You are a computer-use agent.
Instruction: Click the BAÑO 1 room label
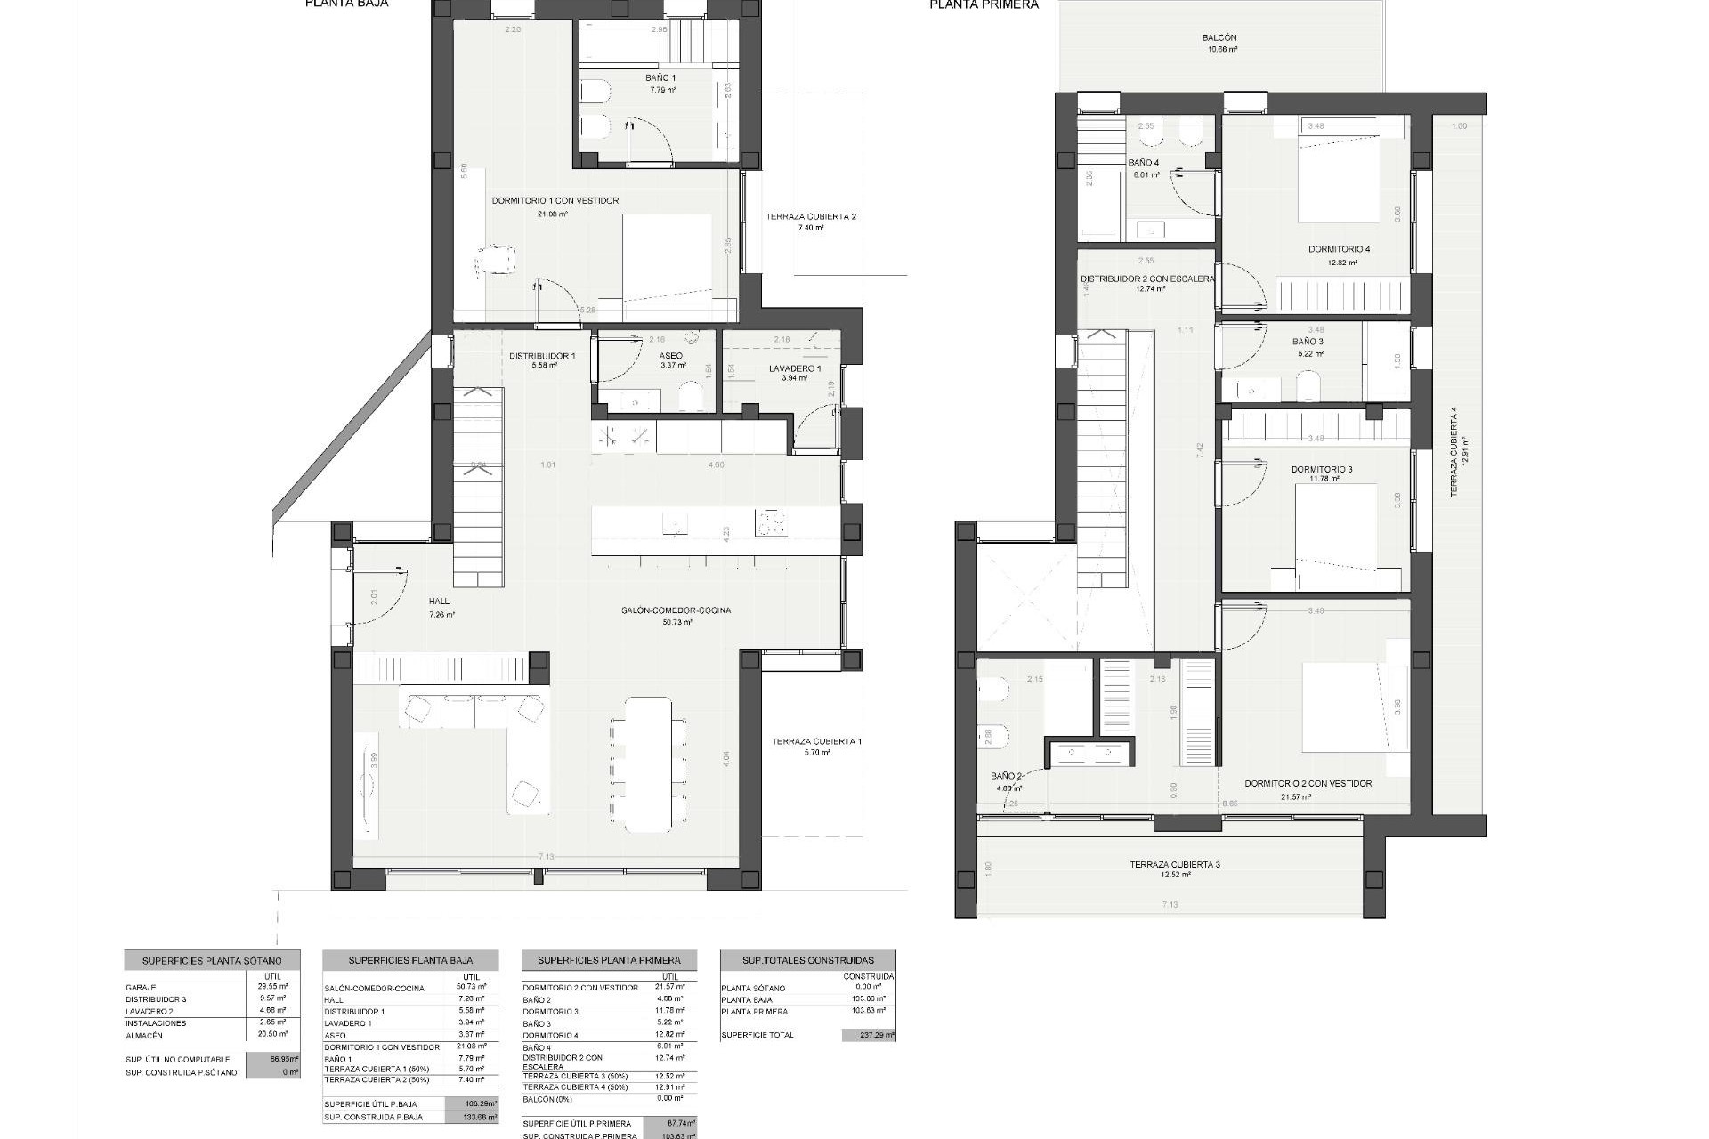tap(660, 78)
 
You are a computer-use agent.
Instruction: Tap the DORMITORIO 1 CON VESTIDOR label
tap(555, 201)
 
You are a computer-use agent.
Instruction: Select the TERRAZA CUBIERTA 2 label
tap(810, 217)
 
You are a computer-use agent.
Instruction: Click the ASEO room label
tap(671, 356)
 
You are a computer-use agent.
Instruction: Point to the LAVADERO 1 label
tap(794, 368)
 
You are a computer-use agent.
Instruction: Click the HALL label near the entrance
tap(439, 602)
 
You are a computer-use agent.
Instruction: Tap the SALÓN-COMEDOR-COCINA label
tap(676, 610)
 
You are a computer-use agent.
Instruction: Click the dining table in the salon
tap(648, 763)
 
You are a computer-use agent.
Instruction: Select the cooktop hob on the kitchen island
tap(771, 522)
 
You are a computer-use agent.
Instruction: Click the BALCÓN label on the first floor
tap(1219, 38)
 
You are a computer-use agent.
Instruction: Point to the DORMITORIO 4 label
tap(1339, 250)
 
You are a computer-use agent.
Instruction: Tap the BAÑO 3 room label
tap(1308, 342)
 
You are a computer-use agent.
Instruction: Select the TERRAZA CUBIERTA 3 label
tap(1175, 865)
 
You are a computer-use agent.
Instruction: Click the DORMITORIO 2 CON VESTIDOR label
tap(1308, 784)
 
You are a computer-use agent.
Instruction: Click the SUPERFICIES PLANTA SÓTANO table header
tap(212, 961)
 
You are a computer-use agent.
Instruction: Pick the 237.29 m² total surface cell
tap(869, 1035)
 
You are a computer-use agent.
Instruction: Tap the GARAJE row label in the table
tap(142, 988)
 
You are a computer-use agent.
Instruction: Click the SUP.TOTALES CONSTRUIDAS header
tap(807, 961)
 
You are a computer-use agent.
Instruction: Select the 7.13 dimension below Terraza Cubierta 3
tap(1170, 905)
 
